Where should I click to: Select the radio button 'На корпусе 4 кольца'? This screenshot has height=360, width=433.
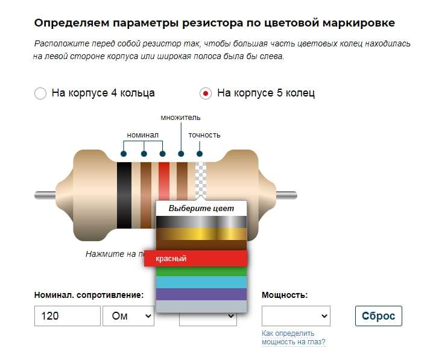pos(40,93)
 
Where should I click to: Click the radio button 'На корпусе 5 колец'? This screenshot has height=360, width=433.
pos(206,93)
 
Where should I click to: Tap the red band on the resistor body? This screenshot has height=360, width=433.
pos(164,181)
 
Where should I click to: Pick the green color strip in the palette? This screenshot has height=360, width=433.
pos(201,271)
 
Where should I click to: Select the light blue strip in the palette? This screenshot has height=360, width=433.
pos(201,282)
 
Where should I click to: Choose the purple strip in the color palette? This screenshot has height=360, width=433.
pos(201,294)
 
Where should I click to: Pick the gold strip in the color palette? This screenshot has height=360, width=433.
pos(201,234)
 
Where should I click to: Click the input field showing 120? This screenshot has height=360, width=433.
pos(67,316)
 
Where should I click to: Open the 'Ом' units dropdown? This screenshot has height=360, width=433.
pos(128,316)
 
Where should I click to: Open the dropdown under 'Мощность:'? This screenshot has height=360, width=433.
pos(296,316)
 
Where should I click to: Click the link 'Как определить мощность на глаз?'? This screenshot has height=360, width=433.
pos(293,338)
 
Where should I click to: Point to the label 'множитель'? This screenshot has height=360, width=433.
pos(180,118)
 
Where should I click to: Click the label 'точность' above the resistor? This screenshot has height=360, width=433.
pos(204,135)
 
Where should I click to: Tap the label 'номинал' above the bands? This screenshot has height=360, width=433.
pos(142,135)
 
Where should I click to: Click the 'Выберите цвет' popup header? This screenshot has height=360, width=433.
pos(201,209)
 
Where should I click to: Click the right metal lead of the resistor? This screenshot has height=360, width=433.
pos(286,195)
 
